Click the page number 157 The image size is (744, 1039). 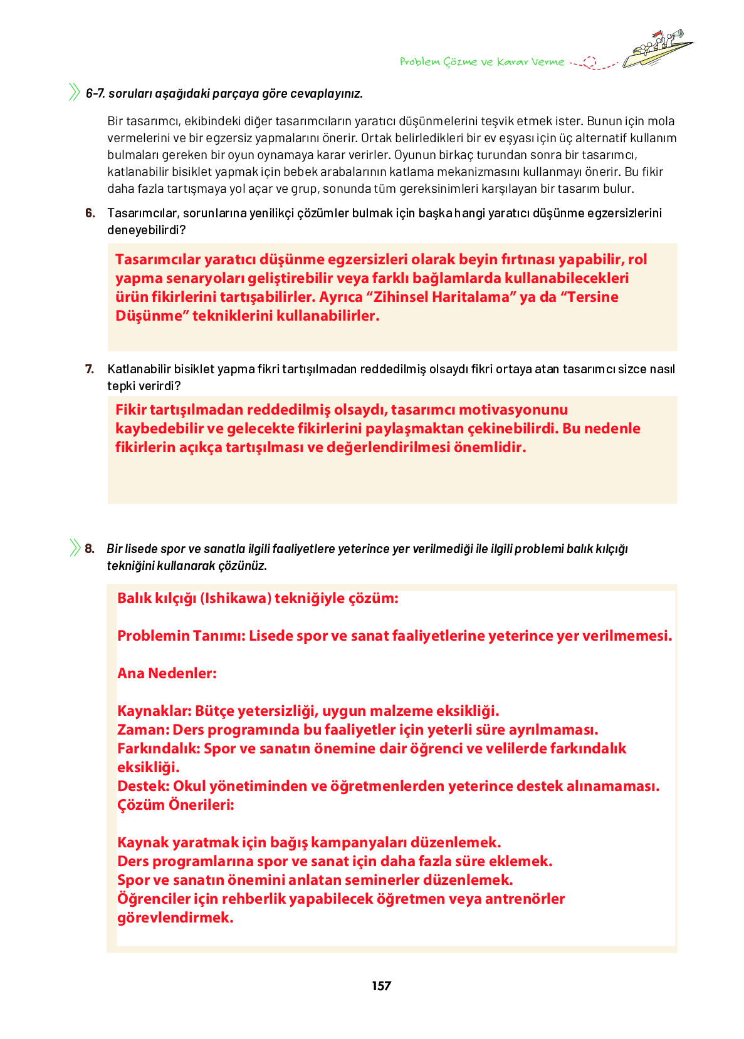click(381, 986)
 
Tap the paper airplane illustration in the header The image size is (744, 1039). click(658, 49)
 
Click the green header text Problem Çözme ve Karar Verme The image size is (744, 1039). click(481, 61)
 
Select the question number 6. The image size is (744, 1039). click(90, 213)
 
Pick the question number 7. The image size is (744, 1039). click(90, 369)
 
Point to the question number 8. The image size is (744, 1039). click(90, 549)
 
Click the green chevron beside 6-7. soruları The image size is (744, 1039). click(75, 93)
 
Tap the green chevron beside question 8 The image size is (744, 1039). click(75, 548)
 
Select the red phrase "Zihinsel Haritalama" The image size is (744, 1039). click(444, 297)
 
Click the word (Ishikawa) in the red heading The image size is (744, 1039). click(235, 598)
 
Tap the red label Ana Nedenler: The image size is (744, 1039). click(167, 673)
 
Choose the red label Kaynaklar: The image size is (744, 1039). click(154, 711)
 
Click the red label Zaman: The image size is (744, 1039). click(144, 730)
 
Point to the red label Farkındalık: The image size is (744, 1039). click(158, 748)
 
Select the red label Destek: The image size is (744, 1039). click(144, 786)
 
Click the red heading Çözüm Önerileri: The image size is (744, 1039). click(176, 805)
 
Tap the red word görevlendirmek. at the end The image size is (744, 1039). click(176, 918)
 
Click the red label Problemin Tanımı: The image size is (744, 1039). click(181, 636)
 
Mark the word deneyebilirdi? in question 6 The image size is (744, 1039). click(147, 230)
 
